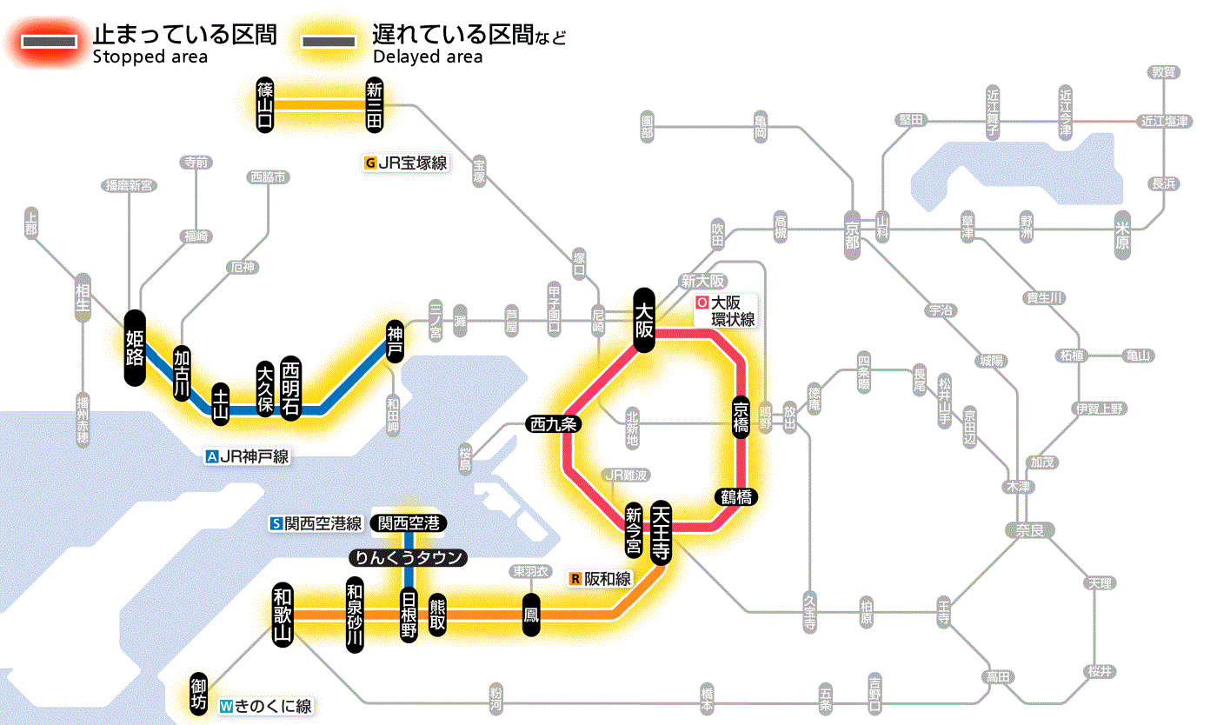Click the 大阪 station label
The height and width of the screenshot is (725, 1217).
pos(644,320)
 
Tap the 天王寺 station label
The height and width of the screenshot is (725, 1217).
pos(660,533)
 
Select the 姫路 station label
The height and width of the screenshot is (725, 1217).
pos(135,348)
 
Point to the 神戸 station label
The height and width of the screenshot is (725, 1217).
pos(396,341)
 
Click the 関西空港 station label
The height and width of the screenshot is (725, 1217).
pos(409,523)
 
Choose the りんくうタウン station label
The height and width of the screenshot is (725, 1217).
pos(409,558)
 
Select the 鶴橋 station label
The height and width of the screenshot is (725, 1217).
pos(736,497)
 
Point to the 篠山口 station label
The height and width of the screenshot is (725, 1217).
pos(265,105)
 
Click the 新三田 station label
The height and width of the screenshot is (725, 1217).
pos(375,105)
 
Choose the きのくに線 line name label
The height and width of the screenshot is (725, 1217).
pos(265,707)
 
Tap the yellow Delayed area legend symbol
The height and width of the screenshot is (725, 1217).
pos(329,41)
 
